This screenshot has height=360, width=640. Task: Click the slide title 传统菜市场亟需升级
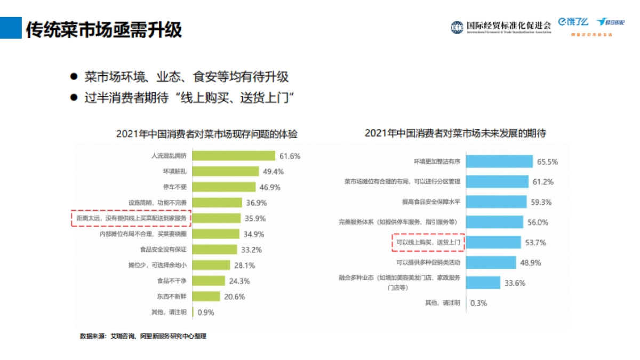104,29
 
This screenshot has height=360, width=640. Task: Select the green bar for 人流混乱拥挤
233,156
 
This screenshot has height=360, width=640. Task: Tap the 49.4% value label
273,172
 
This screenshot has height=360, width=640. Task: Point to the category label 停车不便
174,187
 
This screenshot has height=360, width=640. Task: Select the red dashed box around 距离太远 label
131,218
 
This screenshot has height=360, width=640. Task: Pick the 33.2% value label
252,250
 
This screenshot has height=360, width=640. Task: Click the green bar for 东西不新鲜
206,296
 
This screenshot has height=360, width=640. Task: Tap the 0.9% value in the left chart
206,313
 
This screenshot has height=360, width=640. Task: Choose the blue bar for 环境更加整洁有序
499,162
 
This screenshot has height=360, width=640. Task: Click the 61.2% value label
543,182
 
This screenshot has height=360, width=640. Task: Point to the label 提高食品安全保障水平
431,202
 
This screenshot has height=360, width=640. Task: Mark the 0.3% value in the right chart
478,303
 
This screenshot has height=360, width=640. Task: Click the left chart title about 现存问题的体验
207,134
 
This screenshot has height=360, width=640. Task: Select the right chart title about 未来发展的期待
455,133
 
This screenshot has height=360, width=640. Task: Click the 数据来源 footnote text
143,337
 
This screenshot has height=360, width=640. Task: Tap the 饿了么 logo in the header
573,22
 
